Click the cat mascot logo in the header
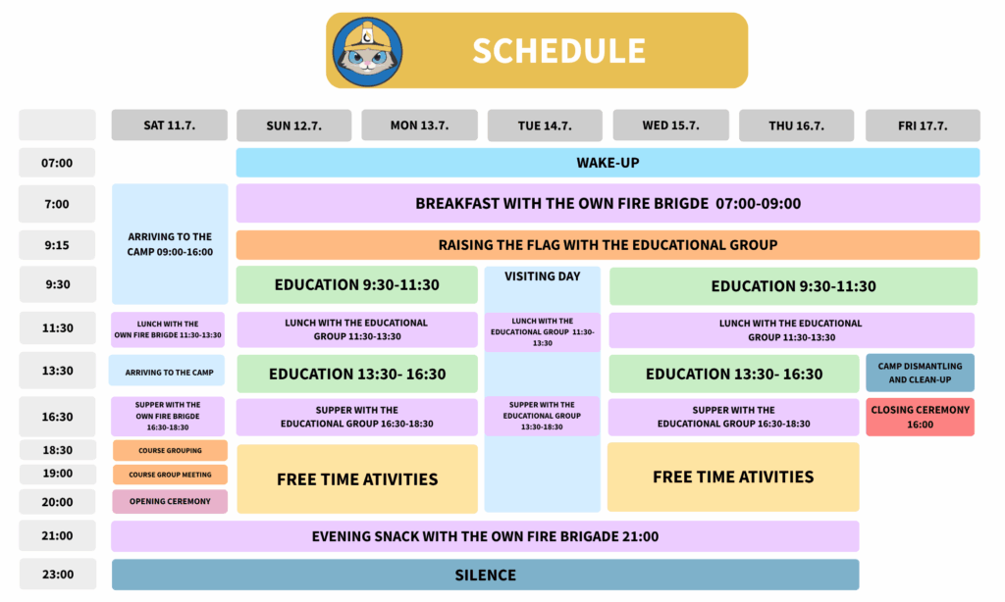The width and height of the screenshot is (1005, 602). coord(367,52)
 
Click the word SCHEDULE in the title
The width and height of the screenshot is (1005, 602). coord(558,51)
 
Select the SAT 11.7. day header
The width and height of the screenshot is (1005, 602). coord(169,125)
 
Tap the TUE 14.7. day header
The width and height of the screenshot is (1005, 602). coord(545,125)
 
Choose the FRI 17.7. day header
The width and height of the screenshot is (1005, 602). coord(923,125)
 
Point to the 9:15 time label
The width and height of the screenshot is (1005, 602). coord(57,245)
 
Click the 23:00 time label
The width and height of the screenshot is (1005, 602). coord(58,574)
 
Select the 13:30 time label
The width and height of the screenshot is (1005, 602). coord(58,371)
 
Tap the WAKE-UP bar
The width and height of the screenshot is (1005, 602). coord(608,163)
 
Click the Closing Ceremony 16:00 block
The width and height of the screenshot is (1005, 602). coord(920,417)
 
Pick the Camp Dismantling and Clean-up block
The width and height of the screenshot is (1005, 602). coord(920,373)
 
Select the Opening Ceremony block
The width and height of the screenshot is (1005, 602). coord(170,501)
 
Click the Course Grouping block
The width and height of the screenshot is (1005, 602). coord(170,450)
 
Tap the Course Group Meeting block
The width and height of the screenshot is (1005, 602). coord(170,475)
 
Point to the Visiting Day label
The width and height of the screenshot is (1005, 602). coord(542,276)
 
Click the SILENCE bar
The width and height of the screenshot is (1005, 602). coord(485,575)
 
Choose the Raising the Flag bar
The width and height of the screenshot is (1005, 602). coord(608,245)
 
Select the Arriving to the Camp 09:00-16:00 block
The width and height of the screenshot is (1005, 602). coord(170,244)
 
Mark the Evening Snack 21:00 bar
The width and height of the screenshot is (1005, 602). coord(485,536)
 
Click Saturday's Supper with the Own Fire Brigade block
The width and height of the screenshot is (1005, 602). coord(168,417)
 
